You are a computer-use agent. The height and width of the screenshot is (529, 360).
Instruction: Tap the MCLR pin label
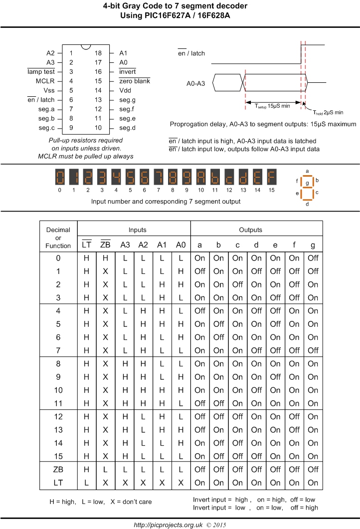(x=45, y=81)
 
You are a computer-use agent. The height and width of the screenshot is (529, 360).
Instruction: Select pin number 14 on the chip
(x=98, y=90)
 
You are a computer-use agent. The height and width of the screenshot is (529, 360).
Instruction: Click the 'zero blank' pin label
(x=134, y=81)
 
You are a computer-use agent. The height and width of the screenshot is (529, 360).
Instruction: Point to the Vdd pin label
(x=125, y=90)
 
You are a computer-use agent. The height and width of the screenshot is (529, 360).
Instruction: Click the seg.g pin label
(x=127, y=99)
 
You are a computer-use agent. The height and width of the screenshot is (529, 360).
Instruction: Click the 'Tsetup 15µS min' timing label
(x=274, y=106)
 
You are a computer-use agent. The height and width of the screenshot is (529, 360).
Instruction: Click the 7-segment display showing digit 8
(x=173, y=177)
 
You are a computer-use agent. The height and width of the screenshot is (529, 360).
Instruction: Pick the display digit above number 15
(x=271, y=177)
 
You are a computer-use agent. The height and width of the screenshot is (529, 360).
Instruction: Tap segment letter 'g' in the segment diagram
(x=307, y=183)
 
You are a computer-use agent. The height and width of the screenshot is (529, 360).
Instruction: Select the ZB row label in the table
(x=59, y=469)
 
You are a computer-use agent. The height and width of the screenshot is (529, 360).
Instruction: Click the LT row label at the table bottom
(x=59, y=483)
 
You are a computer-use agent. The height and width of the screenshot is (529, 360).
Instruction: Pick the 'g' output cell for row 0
(x=313, y=258)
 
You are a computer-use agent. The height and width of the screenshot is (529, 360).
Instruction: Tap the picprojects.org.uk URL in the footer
(x=167, y=525)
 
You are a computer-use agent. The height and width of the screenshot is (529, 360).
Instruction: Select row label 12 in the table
(x=59, y=416)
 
